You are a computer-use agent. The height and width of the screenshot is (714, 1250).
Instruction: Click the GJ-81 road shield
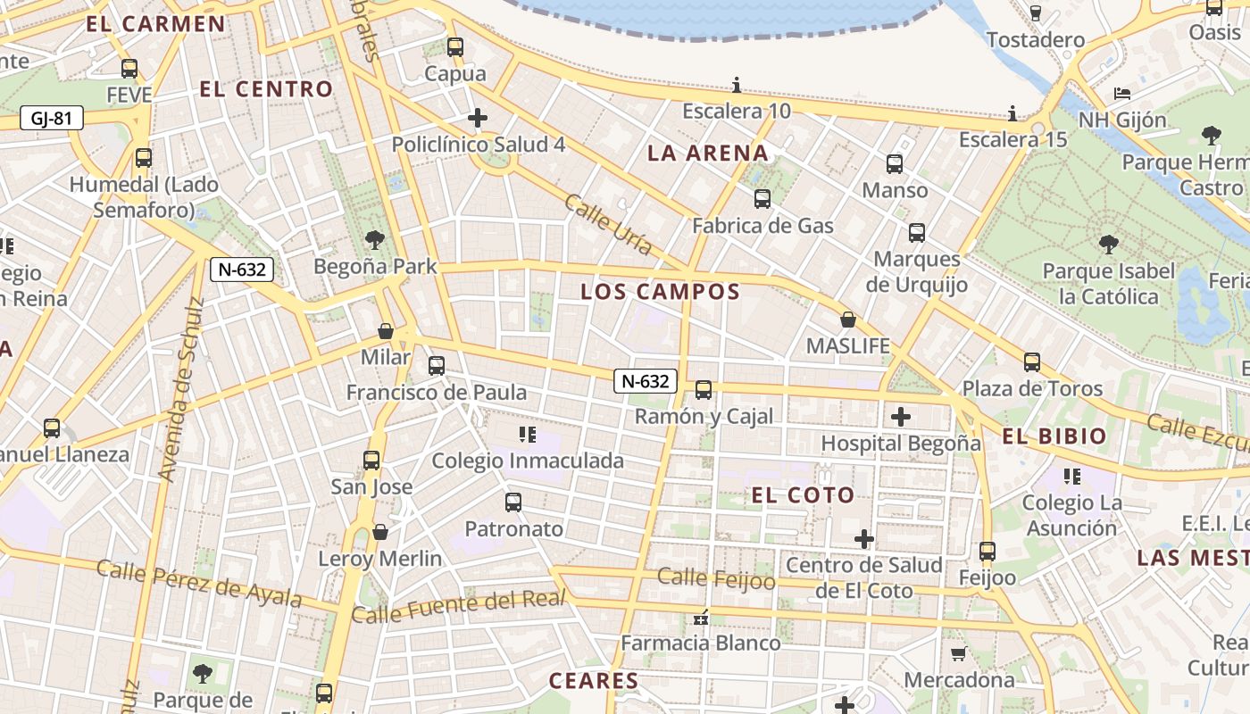pyautogui.click(x=52, y=118)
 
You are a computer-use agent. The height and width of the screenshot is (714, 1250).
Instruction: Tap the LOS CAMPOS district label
pyautogui.click(x=660, y=292)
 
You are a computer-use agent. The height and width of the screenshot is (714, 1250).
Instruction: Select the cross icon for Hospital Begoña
pyautogui.click(x=901, y=417)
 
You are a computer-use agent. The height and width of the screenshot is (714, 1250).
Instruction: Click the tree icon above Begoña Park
pyautogui.click(x=375, y=239)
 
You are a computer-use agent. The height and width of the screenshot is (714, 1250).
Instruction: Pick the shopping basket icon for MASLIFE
pyautogui.click(x=848, y=320)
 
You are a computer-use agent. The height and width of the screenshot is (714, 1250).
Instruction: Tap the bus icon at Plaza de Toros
pyautogui.click(x=1032, y=362)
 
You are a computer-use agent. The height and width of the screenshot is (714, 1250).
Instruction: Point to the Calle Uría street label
pyautogui.click(x=608, y=224)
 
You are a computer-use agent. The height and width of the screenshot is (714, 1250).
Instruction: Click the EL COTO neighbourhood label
pyautogui.click(x=803, y=495)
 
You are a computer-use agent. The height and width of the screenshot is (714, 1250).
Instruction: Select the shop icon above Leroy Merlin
pyautogui.click(x=380, y=532)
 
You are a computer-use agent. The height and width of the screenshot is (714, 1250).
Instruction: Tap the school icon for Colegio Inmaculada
pyautogui.click(x=527, y=435)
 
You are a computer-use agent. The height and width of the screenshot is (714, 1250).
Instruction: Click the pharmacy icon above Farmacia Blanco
pyautogui.click(x=701, y=617)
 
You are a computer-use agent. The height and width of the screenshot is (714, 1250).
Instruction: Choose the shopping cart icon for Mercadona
pyautogui.click(x=959, y=654)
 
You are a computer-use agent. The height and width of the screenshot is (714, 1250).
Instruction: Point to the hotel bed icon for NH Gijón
pyautogui.click(x=1122, y=94)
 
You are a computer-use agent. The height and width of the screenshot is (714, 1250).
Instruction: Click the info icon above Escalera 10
pyautogui.click(x=737, y=86)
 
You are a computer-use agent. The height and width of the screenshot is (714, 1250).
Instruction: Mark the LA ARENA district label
pyautogui.click(x=707, y=153)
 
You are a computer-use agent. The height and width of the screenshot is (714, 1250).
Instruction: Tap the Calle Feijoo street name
pyautogui.click(x=716, y=578)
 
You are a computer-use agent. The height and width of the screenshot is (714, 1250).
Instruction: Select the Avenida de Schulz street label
pyautogui.click(x=181, y=389)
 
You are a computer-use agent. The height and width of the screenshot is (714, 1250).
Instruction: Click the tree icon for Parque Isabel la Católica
pyautogui.click(x=1108, y=244)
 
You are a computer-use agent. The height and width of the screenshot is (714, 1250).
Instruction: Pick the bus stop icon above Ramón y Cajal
pyautogui.click(x=704, y=390)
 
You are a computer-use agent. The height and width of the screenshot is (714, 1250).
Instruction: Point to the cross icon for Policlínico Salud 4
pyautogui.click(x=478, y=118)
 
